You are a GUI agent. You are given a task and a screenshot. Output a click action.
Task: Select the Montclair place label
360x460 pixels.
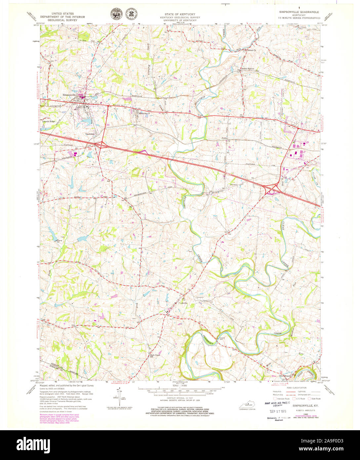[143, 113]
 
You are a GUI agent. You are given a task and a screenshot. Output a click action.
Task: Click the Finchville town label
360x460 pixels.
[183, 303]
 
